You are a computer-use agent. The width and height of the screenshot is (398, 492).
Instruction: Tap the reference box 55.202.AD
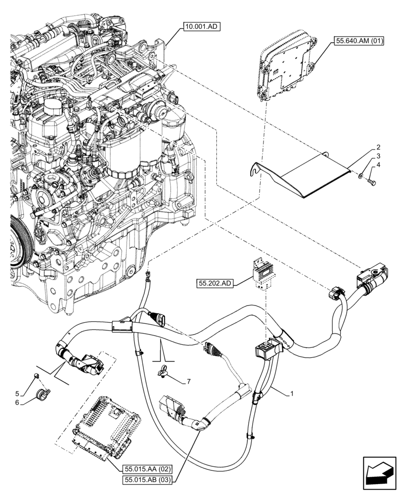click(x=215, y=283)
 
